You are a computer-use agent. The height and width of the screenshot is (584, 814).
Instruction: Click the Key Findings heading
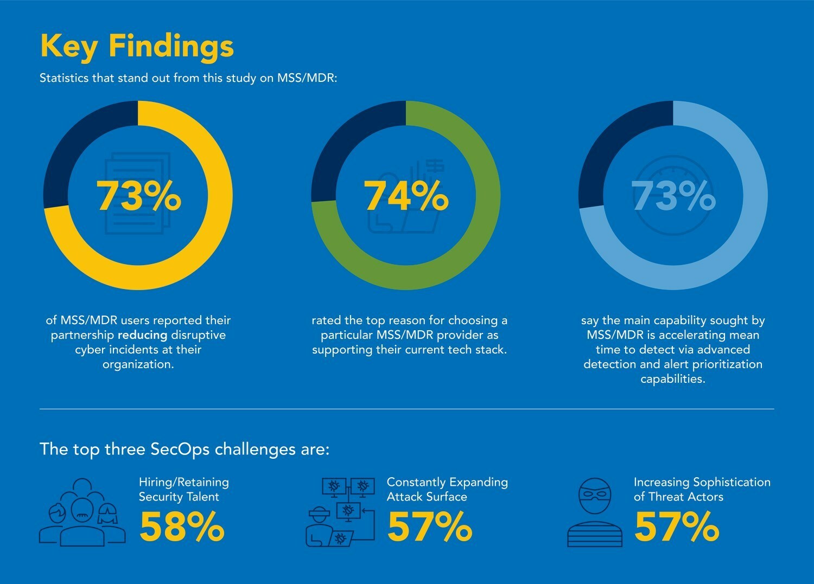137,46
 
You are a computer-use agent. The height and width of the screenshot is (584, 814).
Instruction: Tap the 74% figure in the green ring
406,196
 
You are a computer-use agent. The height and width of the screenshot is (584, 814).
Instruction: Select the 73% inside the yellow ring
138,196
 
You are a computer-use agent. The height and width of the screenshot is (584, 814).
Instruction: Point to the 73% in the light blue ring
673,196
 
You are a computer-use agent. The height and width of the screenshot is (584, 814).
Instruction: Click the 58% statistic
182,527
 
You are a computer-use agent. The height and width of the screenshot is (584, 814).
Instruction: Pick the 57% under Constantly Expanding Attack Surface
429,527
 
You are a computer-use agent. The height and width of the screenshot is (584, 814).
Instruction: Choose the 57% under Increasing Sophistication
677,527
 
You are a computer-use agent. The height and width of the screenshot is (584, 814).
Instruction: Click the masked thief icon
595,512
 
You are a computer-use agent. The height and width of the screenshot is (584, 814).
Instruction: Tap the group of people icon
82,512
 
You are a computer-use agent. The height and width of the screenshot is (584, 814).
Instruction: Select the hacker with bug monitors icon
341,512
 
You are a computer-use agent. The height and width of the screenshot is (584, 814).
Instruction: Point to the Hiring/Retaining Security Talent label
183,489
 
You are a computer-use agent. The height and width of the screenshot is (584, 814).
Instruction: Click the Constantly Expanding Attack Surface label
447,489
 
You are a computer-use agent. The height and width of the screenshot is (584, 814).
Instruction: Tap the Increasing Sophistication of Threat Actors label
702,489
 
